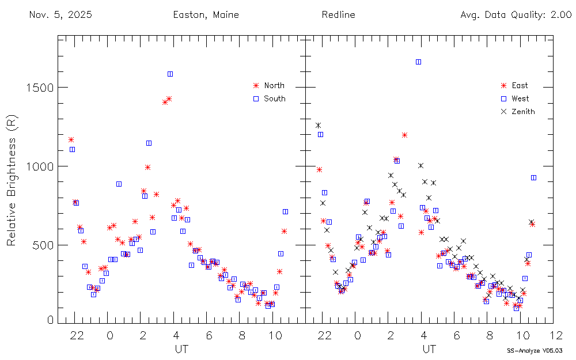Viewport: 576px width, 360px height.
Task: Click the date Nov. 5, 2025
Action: click(x=60, y=15)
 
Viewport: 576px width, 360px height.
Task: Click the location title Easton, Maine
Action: click(x=206, y=15)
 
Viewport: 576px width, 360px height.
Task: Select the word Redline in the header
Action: click(x=338, y=15)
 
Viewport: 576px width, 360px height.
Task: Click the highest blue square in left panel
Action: click(x=170, y=74)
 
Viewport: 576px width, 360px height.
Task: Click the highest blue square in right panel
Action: click(x=418, y=62)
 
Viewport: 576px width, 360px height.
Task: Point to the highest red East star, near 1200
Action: click(x=404, y=135)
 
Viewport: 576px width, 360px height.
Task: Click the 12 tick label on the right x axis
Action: click(x=555, y=335)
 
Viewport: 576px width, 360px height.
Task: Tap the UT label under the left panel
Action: click(x=181, y=349)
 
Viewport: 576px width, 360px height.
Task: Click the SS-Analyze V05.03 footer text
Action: click(x=535, y=350)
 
